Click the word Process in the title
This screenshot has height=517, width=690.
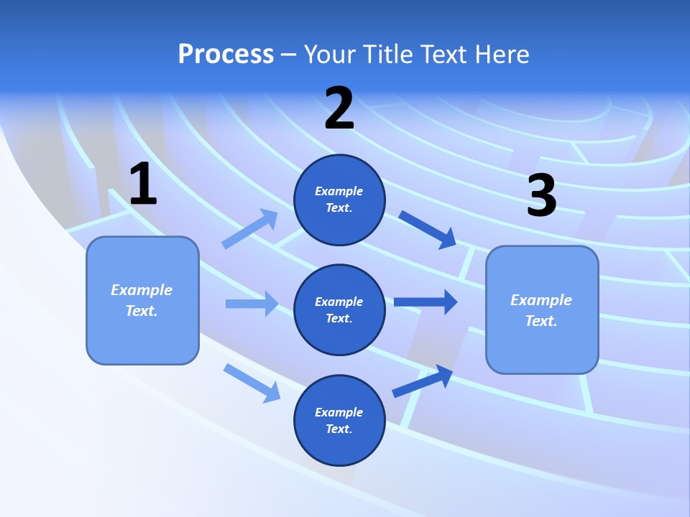[x=226, y=55]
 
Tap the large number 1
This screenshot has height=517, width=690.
[x=143, y=185]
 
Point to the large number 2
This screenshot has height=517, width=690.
[x=339, y=108]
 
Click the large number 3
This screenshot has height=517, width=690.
[x=541, y=196]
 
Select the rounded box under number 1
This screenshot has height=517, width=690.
[x=142, y=300]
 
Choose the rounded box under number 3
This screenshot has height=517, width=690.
[x=542, y=309]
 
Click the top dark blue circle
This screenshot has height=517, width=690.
[x=339, y=200]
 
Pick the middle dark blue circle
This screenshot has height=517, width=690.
[x=339, y=309]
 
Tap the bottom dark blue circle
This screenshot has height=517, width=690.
[x=339, y=420]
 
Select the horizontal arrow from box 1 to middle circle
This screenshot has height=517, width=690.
[x=252, y=304]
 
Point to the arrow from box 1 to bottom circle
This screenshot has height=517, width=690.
[x=252, y=383]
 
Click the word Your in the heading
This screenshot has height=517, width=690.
[x=330, y=55]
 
